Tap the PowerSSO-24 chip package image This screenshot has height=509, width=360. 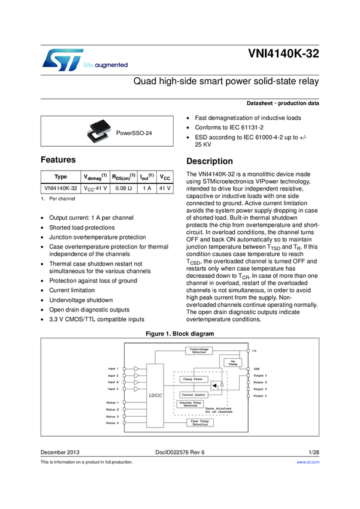(98, 131)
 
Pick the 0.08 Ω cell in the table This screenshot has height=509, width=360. (123, 188)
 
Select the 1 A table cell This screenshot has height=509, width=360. (146, 188)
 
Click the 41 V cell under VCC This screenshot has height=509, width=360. (165, 188)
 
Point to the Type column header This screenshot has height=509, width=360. (60, 177)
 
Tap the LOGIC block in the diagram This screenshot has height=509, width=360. (155, 395)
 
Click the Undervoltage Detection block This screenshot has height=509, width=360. (198, 351)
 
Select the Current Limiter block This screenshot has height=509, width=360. (193, 395)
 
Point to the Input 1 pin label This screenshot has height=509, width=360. (113, 368)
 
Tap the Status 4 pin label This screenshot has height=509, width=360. (112, 423)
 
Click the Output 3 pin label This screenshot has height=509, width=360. (260, 389)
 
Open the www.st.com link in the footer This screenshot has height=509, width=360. (308, 462)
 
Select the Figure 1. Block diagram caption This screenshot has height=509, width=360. (180, 333)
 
